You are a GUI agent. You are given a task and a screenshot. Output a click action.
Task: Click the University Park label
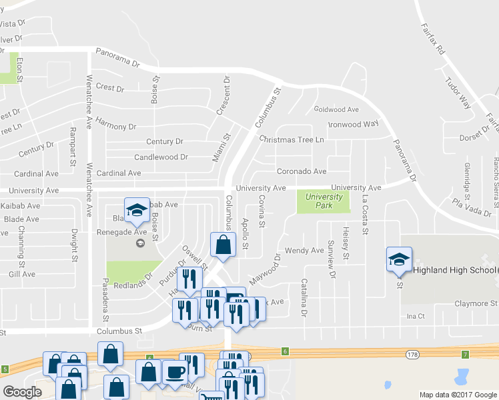point(324,201)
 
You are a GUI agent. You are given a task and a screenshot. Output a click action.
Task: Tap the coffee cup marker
point(175,371)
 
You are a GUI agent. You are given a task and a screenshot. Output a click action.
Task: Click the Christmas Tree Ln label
point(292,139)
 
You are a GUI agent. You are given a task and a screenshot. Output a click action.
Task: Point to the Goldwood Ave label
point(336,109)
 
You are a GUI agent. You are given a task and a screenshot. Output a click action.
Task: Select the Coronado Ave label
point(302,171)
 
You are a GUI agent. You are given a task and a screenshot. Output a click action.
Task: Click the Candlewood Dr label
point(161,157)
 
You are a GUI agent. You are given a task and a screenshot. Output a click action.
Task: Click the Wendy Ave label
point(304,251)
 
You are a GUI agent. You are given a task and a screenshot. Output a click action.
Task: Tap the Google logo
point(22,392)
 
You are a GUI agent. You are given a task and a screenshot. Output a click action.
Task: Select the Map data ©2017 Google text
point(458,395)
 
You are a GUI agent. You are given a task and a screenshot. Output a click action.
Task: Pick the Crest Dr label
point(110,87)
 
